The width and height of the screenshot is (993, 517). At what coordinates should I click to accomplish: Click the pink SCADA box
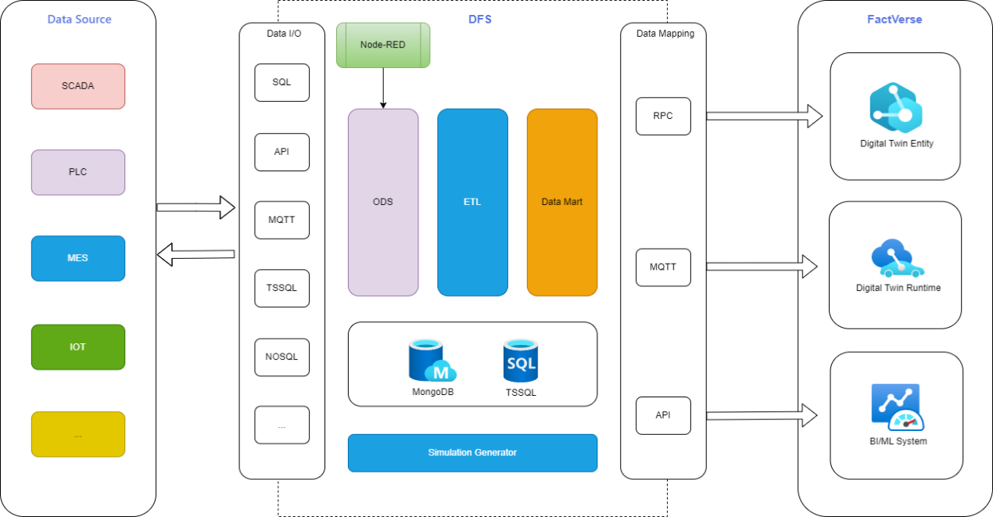78,86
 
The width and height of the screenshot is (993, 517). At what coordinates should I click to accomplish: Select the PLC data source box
78,172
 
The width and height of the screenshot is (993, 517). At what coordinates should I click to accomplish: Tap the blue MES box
78,258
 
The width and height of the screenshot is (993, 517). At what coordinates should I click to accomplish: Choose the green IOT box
78,346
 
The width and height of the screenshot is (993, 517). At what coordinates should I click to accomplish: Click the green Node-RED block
383,45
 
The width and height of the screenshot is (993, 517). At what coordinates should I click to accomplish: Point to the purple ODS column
383,203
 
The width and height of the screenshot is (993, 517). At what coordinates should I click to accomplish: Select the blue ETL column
472,203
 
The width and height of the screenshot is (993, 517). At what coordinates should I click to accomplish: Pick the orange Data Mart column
562,203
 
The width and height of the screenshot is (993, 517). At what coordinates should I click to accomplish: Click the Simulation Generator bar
472,453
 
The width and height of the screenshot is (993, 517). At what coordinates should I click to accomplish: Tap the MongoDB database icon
432,361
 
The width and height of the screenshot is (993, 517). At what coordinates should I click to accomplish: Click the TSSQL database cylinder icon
521,361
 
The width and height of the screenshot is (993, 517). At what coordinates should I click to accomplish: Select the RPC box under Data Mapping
663,117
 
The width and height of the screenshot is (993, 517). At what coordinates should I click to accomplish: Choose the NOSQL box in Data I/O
282,357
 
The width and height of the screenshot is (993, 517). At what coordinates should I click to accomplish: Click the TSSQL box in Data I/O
282,288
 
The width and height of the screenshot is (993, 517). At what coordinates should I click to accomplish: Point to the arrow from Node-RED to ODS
383,88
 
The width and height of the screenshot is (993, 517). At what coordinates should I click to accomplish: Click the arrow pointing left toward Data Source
196,254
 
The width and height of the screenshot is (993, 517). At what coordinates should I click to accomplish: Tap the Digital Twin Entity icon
895,108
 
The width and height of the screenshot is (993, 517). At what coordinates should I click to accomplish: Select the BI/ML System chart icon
898,407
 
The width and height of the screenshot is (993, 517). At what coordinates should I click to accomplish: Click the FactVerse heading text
894,20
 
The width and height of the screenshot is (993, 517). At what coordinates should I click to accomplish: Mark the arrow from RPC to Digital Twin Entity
765,117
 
